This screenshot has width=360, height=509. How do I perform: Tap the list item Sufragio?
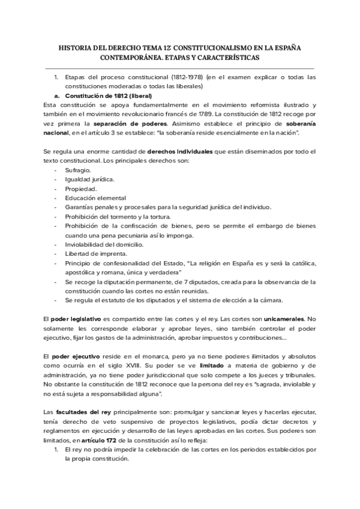tap(78, 171)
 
